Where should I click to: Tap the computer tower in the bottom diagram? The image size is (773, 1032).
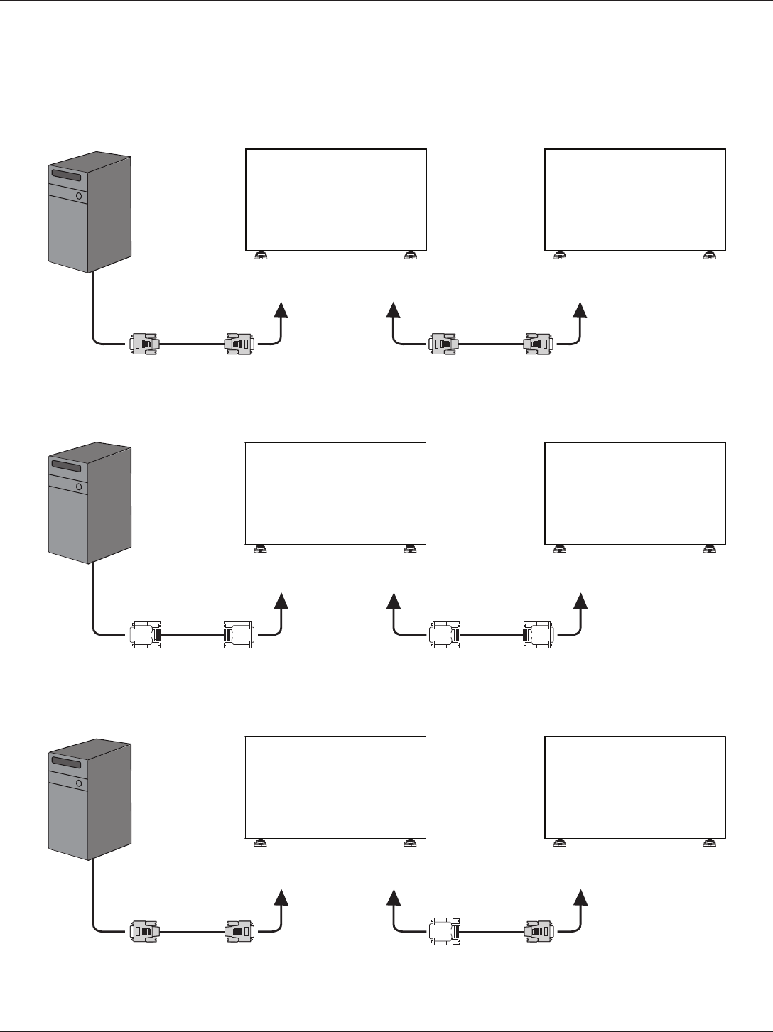pos(90,800)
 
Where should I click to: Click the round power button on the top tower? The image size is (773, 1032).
pos(79,195)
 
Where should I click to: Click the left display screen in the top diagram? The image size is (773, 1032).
pos(336,200)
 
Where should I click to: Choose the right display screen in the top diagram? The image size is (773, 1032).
pos(635,200)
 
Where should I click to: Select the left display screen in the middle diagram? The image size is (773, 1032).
pos(335,493)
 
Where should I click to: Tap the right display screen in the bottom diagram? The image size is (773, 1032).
pos(635,788)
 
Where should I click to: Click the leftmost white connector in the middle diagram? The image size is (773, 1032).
pos(146,635)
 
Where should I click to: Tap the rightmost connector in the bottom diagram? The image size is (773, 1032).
pos(539,931)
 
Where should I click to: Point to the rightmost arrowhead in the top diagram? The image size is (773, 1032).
pos(580,310)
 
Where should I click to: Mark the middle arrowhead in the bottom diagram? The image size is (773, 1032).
pos(393,897)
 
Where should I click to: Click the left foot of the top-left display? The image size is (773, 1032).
pos(261,256)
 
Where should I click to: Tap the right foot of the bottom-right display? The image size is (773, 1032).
pos(710,843)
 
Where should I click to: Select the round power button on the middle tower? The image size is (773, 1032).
pos(79,487)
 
